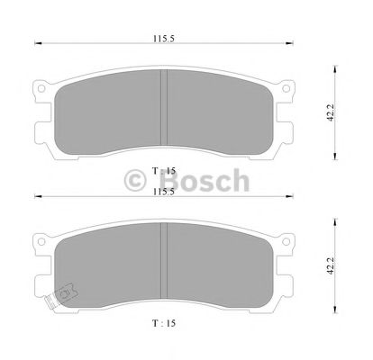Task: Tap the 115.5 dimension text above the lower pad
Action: coord(162,193)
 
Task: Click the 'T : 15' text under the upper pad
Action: coord(163,169)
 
